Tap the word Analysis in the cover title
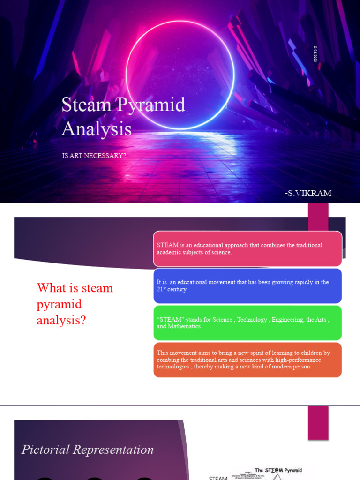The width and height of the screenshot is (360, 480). (x=97, y=128)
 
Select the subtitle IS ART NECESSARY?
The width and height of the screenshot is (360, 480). (x=94, y=155)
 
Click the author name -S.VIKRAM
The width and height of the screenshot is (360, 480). (x=307, y=193)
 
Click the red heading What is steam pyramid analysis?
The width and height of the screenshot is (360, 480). (x=75, y=304)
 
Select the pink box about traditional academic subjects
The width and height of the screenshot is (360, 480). (x=247, y=248)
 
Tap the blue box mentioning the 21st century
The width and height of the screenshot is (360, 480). (x=247, y=285)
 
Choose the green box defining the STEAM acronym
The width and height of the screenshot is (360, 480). (x=247, y=322)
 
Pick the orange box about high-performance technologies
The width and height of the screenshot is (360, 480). (x=247, y=360)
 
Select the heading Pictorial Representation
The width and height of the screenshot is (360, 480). (x=88, y=450)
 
